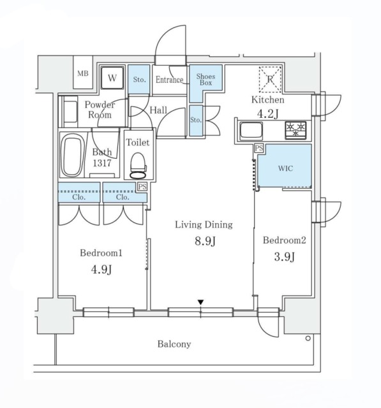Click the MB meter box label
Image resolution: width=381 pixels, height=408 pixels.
point(83,74)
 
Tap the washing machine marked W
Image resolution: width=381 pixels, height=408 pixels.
point(112,78)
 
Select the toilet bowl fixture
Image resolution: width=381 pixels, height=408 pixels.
point(138,165)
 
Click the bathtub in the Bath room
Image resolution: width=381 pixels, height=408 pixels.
point(72,155)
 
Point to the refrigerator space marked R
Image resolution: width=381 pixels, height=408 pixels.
point(271,79)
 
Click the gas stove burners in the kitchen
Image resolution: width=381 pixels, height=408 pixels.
point(295,130)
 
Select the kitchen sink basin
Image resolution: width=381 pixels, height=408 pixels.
point(251,131)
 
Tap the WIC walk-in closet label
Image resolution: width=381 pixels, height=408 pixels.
point(285,168)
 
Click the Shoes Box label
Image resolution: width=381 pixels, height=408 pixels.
point(205,79)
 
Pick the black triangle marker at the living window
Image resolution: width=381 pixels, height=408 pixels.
point(200,302)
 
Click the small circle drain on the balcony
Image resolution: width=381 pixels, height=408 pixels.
point(308,339)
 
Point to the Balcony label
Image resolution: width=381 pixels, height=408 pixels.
point(174,344)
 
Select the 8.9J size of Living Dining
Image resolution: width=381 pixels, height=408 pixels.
point(205,241)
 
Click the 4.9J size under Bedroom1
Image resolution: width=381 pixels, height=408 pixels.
point(101,270)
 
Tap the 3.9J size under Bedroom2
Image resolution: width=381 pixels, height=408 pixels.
point(285,257)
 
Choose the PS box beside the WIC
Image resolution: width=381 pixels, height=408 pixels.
point(259,149)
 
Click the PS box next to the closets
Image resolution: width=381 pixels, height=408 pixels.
point(142,187)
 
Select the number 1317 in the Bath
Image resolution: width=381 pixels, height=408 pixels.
point(102,163)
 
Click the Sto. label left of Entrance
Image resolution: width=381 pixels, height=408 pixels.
point(139,79)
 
